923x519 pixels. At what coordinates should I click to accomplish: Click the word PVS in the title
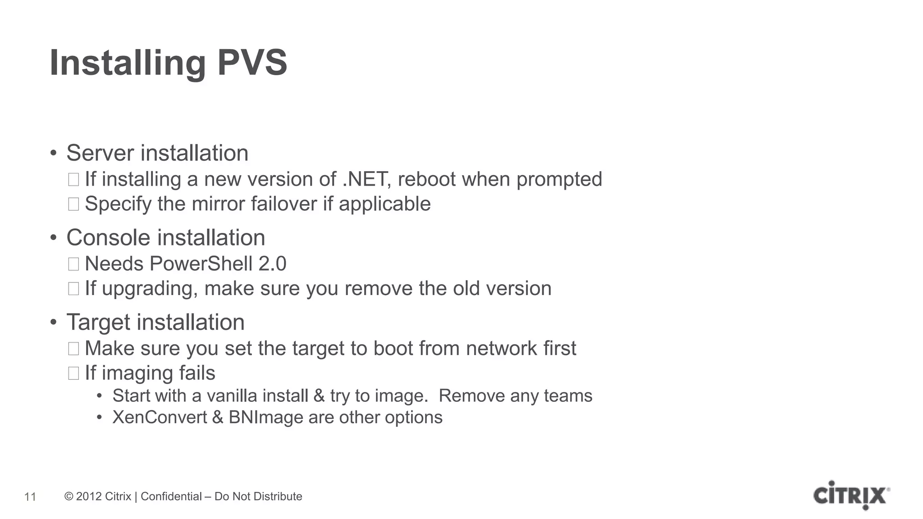pos(252,63)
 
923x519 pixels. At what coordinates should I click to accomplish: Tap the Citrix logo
pos(851,496)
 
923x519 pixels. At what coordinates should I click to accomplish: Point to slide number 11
pos(30,497)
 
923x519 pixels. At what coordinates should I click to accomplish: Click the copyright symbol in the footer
pos(69,496)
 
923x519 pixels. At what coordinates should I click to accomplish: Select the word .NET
pos(366,179)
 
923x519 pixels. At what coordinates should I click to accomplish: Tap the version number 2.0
pos(272,264)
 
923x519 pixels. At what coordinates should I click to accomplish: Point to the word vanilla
pos(232,396)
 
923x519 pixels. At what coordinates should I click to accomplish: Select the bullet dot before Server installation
pos(54,153)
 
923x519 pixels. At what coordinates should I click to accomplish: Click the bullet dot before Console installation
pos(54,238)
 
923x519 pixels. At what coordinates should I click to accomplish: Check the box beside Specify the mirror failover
pos(73,204)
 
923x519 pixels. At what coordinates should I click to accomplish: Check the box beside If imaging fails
pos(73,373)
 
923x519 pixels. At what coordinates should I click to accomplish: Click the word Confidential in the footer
pos(171,496)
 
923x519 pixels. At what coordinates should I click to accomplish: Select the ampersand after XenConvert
pos(217,417)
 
